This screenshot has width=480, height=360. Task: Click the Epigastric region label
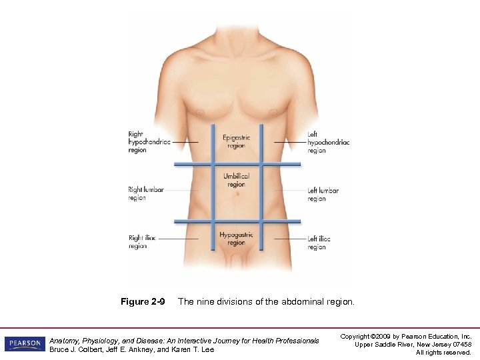pos(237,141)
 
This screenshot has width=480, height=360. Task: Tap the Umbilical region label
pos(237,180)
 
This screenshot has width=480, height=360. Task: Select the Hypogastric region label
pos(237,239)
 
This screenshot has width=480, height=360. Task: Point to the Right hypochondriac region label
pos(149,142)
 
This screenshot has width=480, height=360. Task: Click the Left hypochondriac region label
pos(329,142)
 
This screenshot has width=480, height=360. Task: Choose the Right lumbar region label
pos(146,193)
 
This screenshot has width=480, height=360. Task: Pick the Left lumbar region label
pos(323,194)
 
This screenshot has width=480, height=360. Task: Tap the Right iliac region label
pos(143,242)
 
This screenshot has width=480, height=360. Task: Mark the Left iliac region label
pos(319,243)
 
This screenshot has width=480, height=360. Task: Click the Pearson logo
pos(24,344)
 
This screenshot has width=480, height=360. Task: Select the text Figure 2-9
pos(143,302)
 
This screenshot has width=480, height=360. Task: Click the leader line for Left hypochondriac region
pos(289,142)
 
